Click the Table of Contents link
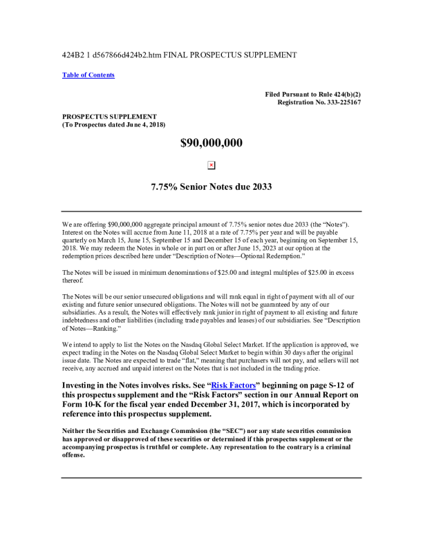88,75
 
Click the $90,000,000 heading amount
211,144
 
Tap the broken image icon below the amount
211,165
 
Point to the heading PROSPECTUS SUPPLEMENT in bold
109,116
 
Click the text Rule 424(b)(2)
337,94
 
